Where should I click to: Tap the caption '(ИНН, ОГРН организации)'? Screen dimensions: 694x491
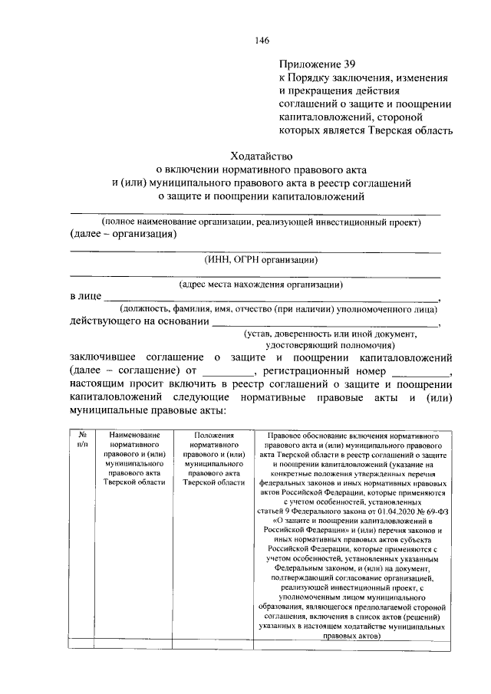(x=256, y=259)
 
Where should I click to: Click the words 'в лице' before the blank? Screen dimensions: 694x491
(x=85, y=297)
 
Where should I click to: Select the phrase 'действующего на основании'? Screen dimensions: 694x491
(x=139, y=321)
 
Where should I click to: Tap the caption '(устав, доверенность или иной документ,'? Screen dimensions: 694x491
(x=331, y=334)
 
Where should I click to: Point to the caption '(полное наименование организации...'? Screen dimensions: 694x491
(x=255, y=222)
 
